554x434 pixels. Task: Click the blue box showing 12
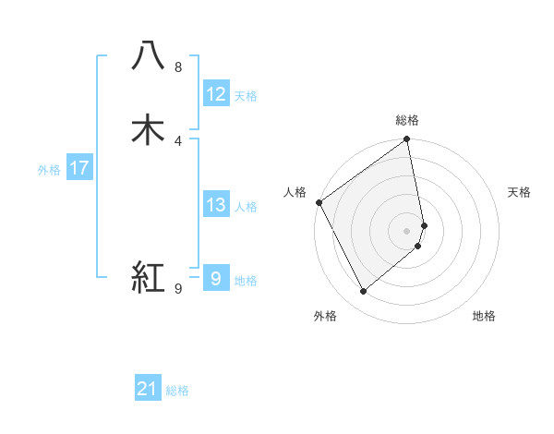click(x=216, y=93)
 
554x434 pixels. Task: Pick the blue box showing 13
click(x=216, y=205)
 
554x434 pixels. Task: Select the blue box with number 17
click(x=78, y=168)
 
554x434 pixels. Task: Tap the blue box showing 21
click(x=148, y=389)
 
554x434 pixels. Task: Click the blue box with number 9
click(x=215, y=278)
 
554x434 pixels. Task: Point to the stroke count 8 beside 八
click(x=177, y=67)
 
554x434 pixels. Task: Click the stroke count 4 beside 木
click(x=177, y=140)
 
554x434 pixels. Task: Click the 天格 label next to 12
click(x=246, y=96)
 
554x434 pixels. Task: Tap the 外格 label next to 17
click(x=49, y=170)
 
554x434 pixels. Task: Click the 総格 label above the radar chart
click(x=407, y=120)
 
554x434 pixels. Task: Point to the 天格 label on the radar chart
click(x=519, y=192)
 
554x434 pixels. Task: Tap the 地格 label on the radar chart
click(x=484, y=316)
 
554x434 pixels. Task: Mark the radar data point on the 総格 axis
click(x=407, y=140)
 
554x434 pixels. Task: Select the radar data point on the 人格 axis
click(x=319, y=202)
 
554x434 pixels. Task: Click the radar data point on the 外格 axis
click(x=364, y=292)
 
